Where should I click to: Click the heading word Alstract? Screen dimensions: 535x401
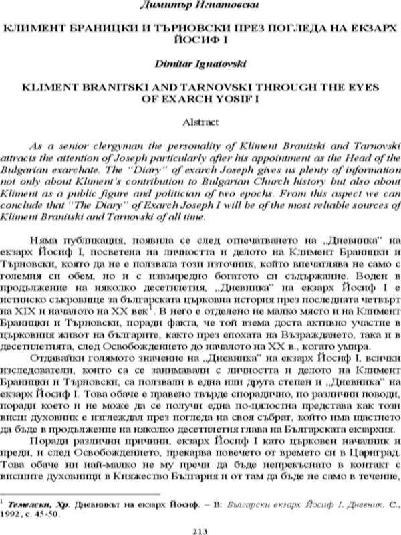point(200,122)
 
